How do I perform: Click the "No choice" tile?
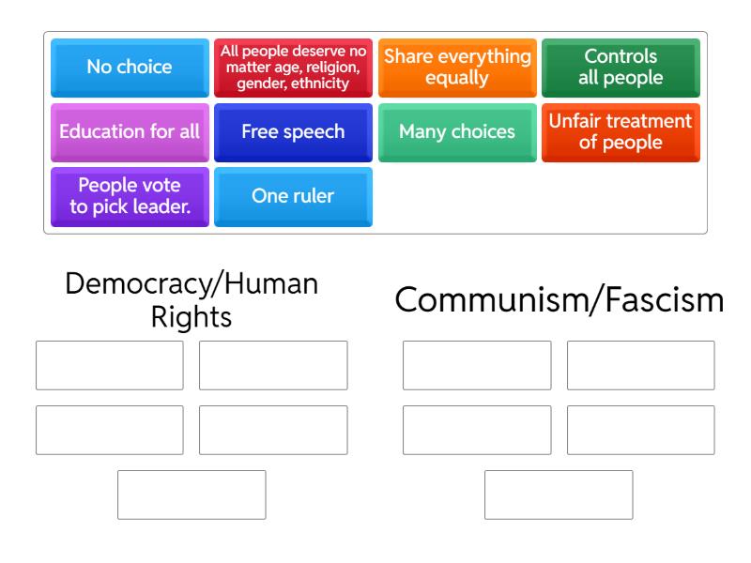pyautogui.click(x=130, y=68)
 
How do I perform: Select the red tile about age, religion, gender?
pyautogui.click(x=293, y=68)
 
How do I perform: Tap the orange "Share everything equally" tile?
pyautogui.click(x=457, y=68)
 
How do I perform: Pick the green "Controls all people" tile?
pyautogui.click(x=621, y=68)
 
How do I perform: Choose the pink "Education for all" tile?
pyautogui.click(x=130, y=132)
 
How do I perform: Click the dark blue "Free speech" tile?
pyautogui.click(x=293, y=132)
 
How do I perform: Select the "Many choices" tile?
pyautogui.click(x=457, y=132)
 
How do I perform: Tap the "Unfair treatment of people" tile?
pyautogui.click(x=621, y=132)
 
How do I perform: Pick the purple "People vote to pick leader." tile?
pyautogui.click(x=130, y=197)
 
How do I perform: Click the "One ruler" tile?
pyautogui.click(x=293, y=197)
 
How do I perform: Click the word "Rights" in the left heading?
pyautogui.click(x=192, y=317)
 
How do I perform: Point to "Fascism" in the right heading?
pyautogui.click(x=665, y=300)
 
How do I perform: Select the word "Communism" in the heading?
pyautogui.click(x=492, y=300)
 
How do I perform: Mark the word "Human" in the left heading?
pyautogui.click(x=271, y=284)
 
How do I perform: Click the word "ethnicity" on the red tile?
pyautogui.click(x=320, y=84)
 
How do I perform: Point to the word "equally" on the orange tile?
pyautogui.click(x=457, y=78)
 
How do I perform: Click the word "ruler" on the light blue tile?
pyautogui.click(x=314, y=196)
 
